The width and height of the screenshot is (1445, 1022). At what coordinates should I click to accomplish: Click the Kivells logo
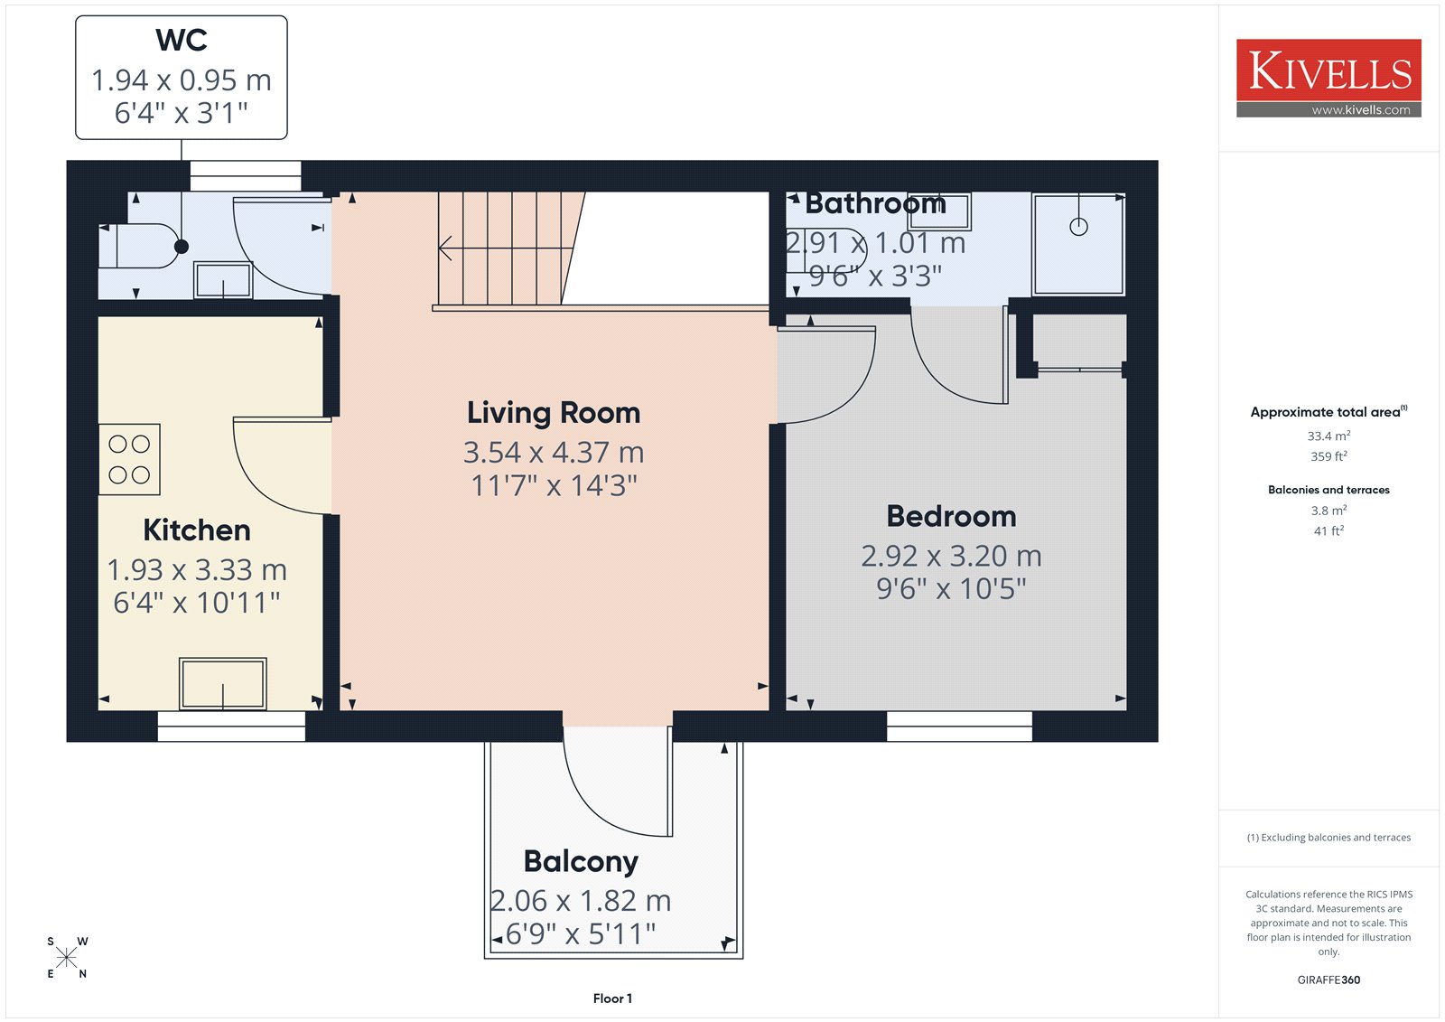(x=1328, y=78)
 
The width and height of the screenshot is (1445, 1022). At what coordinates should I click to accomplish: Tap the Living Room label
(x=554, y=413)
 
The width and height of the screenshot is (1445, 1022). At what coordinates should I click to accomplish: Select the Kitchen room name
(x=197, y=530)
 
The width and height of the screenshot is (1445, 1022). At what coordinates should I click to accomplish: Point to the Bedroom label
(x=951, y=517)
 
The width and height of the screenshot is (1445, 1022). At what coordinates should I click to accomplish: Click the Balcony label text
(x=581, y=862)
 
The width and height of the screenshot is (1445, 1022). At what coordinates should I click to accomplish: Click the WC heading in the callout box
(x=182, y=40)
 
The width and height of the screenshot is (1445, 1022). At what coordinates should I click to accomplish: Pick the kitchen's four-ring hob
(x=129, y=459)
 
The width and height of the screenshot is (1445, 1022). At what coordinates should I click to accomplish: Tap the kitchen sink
(x=222, y=684)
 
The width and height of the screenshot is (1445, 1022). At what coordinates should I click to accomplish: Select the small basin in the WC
(x=222, y=280)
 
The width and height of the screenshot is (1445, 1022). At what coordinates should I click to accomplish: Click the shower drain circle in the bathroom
(x=1078, y=227)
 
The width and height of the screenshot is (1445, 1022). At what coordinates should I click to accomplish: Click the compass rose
(x=67, y=958)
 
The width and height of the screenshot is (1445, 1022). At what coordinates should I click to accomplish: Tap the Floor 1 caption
(x=612, y=999)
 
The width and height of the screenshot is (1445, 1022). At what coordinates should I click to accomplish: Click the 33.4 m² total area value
(x=1328, y=436)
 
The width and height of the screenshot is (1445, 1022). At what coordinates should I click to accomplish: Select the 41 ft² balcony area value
(x=1328, y=530)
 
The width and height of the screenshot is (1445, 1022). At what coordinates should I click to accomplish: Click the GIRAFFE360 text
(x=1328, y=980)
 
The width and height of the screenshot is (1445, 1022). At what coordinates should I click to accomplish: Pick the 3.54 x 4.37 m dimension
(x=554, y=453)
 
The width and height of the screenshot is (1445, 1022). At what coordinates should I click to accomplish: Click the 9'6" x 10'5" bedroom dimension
(x=951, y=589)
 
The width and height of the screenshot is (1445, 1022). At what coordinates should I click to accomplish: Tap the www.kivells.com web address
(x=1360, y=110)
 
